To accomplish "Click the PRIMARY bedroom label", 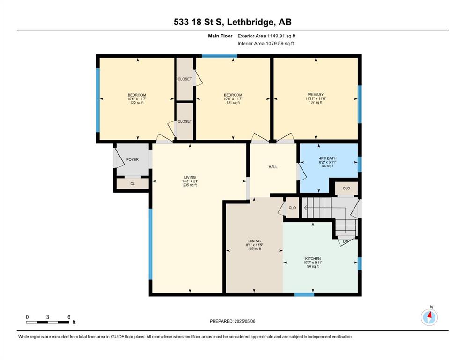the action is (x=315, y=95).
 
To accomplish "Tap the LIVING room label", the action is (x=190, y=178).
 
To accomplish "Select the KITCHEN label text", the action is (x=313, y=259).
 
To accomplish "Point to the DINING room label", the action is (x=254, y=241).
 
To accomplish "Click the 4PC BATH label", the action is (x=328, y=158).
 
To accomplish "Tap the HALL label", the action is (x=273, y=167).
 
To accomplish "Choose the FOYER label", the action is (x=132, y=159).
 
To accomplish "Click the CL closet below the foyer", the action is (x=133, y=184).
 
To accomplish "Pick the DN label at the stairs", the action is (x=345, y=241).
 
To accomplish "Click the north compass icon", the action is (x=429, y=317).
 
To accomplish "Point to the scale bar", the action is (x=48, y=322).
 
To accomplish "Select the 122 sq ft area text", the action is (x=137, y=103).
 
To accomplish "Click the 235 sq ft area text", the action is (x=190, y=185).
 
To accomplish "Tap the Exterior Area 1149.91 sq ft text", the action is (x=266, y=36).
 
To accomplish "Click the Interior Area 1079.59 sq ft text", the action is (x=266, y=43).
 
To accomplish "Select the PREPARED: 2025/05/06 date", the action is (x=232, y=321).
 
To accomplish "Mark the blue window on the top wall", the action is (x=220, y=56).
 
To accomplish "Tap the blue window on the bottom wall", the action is (x=304, y=294).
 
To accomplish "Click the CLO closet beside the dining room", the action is (x=292, y=208).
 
